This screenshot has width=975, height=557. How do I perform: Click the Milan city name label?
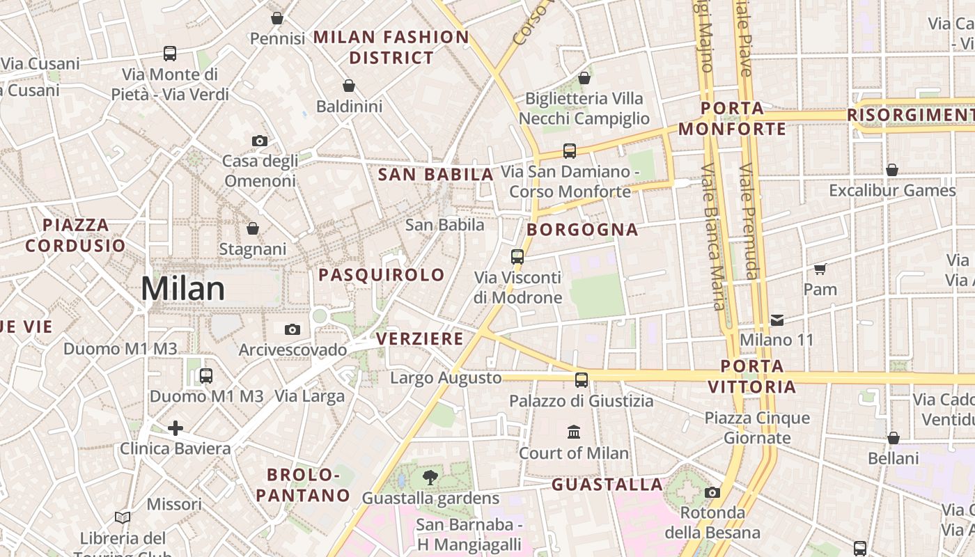(183, 289)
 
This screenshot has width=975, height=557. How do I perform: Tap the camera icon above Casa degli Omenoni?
(260, 141)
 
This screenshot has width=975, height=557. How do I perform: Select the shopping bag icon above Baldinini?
(349, 86)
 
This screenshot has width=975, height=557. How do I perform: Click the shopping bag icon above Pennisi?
(277, 18)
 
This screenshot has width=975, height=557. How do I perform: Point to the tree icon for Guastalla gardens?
(430, 478)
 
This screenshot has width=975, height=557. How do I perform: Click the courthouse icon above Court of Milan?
(574, 432)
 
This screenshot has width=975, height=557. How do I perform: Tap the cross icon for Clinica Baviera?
(175, 427)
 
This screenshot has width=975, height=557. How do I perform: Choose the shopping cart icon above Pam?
(820, 269)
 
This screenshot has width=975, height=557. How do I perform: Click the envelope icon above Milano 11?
(777, 320)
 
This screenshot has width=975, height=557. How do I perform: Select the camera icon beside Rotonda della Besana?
(712, 493)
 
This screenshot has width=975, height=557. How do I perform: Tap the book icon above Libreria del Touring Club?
(123, 517)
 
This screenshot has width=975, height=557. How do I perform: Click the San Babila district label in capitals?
(436, 175)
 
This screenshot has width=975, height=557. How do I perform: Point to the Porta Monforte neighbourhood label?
(732, 119)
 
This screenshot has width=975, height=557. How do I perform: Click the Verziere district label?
(420, 339)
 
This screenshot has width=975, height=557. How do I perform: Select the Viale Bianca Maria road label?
(712, 237)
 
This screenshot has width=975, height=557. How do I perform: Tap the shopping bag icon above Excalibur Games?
(892, 170)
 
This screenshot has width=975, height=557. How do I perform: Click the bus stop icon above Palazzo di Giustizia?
(582, 380)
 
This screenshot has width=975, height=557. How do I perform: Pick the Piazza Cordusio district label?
(76, 235)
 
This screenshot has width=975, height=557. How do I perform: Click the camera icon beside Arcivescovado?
(292, 329)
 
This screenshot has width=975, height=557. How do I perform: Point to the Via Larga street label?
(310, 397)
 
